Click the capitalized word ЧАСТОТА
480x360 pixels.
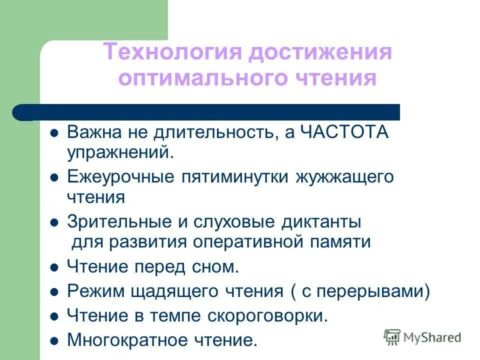[x=344, y=132]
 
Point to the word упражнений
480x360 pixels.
[x=120, y=152]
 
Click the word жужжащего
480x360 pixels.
[x=345, y=177]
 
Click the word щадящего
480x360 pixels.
[x=180, y=291]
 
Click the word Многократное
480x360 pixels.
[x=126, y=340]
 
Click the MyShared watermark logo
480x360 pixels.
[x=423, y=337]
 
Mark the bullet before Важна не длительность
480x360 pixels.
[x=55, y=133]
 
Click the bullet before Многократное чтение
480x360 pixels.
[x=55, y=341]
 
